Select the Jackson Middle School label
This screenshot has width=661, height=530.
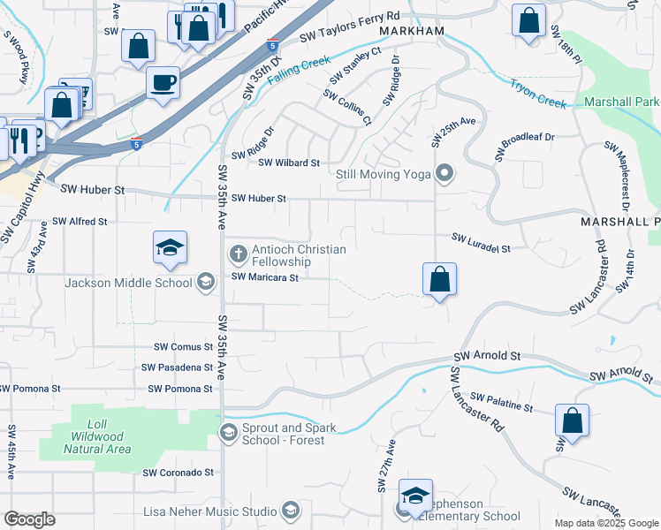(128, 283)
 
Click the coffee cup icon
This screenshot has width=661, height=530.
(163, 83)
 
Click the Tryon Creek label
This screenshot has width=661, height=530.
(536, 94)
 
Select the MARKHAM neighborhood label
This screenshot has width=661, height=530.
(411, 31)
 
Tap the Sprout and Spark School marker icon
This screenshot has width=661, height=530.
(229, 432)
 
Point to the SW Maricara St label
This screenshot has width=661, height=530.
(265, 276)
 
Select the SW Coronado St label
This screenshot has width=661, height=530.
(179, 473)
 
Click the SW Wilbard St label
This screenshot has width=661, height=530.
(288, 163)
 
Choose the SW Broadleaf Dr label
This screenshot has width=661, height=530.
(528, 138)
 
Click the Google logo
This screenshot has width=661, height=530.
(29, 519)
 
